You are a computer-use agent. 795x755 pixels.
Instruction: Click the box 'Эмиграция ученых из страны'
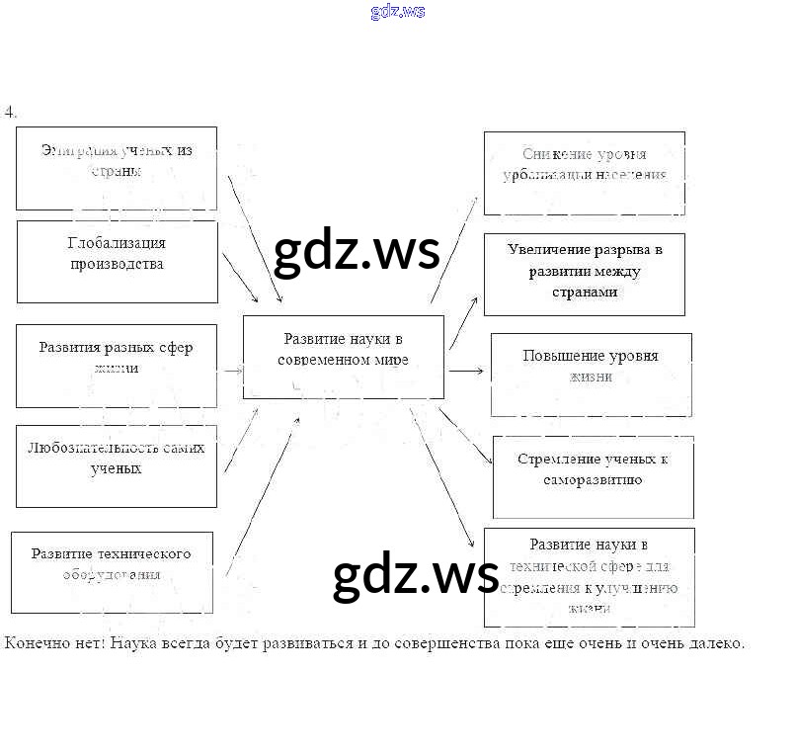(x=117, y=167)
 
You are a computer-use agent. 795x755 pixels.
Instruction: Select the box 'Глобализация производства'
(x=117, y=261)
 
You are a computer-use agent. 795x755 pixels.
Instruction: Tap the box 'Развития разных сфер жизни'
(x=117, y=365)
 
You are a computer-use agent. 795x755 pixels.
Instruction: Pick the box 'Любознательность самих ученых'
(x=117, y=465)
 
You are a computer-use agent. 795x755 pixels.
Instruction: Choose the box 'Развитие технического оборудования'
(x=112, y=571)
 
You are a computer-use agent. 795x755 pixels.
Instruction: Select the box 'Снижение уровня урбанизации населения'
(x=584, y=173)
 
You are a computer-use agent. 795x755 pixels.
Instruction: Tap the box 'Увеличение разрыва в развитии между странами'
(x=584, y=274)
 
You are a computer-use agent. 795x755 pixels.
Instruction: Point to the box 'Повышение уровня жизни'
(x=591, y=374)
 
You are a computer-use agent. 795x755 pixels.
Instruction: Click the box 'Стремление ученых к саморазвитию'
(x=593, y=476)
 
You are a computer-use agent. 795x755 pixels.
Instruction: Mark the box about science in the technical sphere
(x=589, y=576)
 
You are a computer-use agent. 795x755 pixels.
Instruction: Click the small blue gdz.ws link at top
(x=398, y=12)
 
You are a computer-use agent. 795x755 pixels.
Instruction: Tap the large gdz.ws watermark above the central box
(x=356, y=252)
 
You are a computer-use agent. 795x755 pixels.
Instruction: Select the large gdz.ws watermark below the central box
(x=416, y=576)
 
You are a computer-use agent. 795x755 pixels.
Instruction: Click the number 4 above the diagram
(x=10, y=112)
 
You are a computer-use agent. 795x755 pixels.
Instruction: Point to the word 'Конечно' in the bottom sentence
(x=34, y=643)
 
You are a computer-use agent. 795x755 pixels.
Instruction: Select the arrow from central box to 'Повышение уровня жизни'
(x=466, y=371)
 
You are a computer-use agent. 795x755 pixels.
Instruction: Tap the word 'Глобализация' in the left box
(x=117, y=243)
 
